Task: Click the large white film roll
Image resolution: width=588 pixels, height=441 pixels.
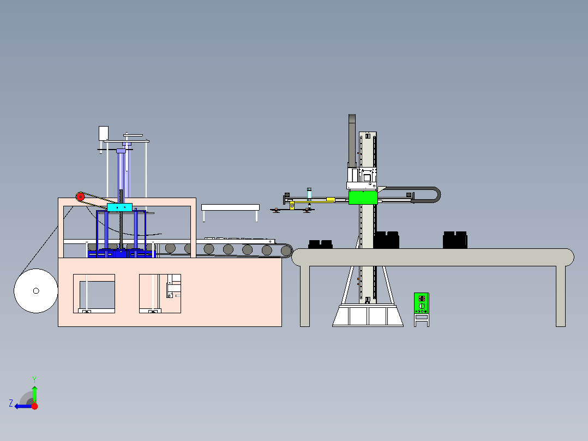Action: (36, 291)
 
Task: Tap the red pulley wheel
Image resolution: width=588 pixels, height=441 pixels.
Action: (80, 196)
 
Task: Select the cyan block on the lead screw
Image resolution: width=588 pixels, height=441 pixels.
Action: (119, 207)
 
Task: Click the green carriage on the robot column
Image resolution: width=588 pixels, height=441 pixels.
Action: (363, 197)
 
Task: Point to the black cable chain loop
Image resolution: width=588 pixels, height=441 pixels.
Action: (431, 195)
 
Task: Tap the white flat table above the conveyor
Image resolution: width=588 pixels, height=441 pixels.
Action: (230, 207)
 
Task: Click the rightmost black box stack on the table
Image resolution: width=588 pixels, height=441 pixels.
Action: (454, 240)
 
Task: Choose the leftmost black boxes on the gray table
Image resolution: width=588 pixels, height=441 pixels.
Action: (320, 244)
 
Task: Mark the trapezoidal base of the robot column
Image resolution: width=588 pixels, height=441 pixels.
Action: (368, 316)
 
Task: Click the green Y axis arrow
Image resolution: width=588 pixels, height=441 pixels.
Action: (34, 392)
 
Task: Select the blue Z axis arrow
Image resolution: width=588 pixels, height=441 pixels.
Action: (21, 406)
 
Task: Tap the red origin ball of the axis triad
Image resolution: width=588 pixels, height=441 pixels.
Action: (34, 406)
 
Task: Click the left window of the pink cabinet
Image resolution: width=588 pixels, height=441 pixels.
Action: (94, 293)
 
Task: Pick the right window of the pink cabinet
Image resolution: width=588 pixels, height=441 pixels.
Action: (159, 293)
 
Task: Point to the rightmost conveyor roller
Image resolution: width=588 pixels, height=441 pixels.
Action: (286, 251)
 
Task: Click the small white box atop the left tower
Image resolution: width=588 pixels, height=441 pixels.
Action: (103, 133)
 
